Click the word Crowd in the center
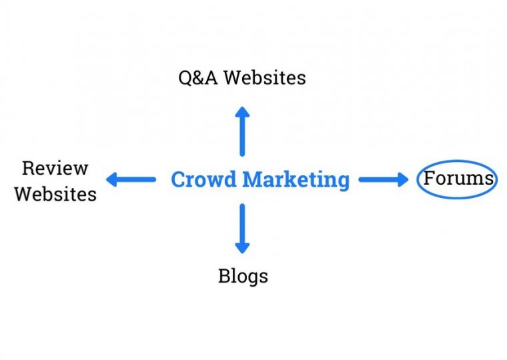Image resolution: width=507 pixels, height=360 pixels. tap(203, 179)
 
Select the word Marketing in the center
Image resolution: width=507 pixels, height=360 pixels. tap(296, 180)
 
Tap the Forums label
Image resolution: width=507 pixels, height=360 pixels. tap(458, 178)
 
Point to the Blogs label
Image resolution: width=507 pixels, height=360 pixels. tap(243, 276)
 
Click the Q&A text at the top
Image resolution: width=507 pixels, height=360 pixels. tap(198, 78)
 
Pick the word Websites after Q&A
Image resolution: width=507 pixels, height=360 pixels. tap(265, 77)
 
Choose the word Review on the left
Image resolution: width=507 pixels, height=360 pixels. tap(55, 169)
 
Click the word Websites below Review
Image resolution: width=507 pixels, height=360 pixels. tap(55, 194)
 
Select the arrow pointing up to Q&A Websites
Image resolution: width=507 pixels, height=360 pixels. tap(242, 131)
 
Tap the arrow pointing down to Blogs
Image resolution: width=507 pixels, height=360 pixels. tap(242, 229)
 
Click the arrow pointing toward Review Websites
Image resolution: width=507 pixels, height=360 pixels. tap(131, 179)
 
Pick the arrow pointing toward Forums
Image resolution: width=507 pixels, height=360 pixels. tap(384, 179)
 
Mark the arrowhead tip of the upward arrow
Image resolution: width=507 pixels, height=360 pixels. tap(242, 107)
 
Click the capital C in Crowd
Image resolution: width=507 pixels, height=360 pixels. tap(178, 179)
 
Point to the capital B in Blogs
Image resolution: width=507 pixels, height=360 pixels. tap(224, 276)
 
